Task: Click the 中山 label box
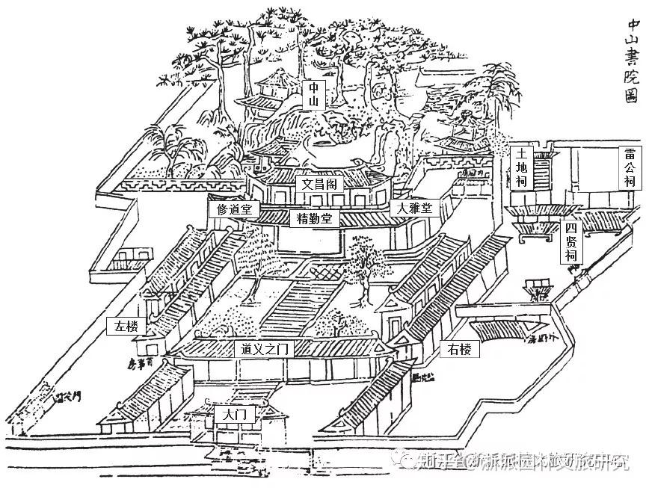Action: point(315,95)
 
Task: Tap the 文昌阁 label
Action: point(319,183)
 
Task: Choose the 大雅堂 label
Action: point(413,209)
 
